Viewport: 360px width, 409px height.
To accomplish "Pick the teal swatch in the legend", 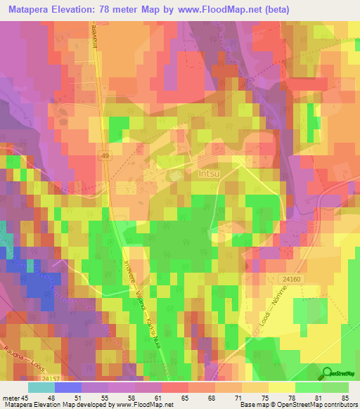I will pyautogui.click(x=41, y=387).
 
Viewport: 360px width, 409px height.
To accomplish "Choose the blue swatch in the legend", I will pyautogui.click(x=67, y=387).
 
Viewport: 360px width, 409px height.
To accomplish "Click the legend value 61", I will pyautogui.click(x=159, y=397).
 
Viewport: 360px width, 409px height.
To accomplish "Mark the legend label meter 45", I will pyautogui.click(x=17, y=397).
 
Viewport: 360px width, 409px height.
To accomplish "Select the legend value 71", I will pyautogui.click(x=240, y=397).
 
